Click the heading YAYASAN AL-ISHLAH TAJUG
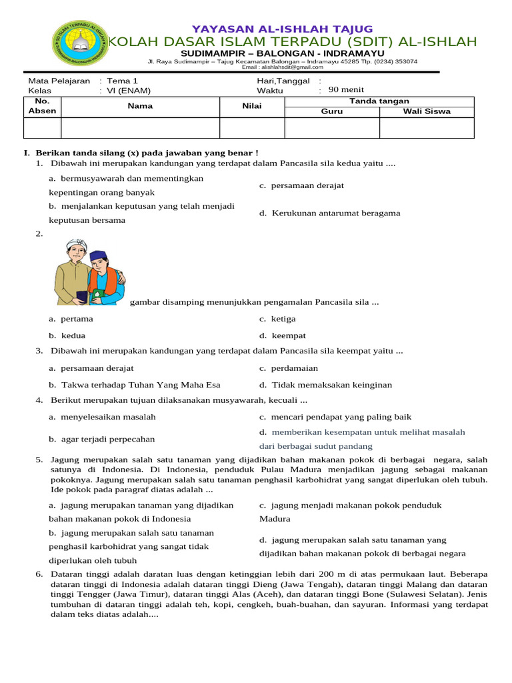(282, 29)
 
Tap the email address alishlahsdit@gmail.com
(282, 67)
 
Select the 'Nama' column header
(141, 106)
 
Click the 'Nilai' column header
(252, 106)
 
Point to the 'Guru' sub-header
(332, 111)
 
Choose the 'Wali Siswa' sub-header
(427, 111)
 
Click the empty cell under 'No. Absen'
(43, 128)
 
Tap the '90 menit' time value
(347, 90)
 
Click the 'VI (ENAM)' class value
(127, 91)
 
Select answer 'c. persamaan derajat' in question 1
(302, 185)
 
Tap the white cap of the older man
(73, 245)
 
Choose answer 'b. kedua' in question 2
(67, 335)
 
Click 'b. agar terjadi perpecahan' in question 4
(101, 439)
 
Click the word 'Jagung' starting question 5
(64, 460)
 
